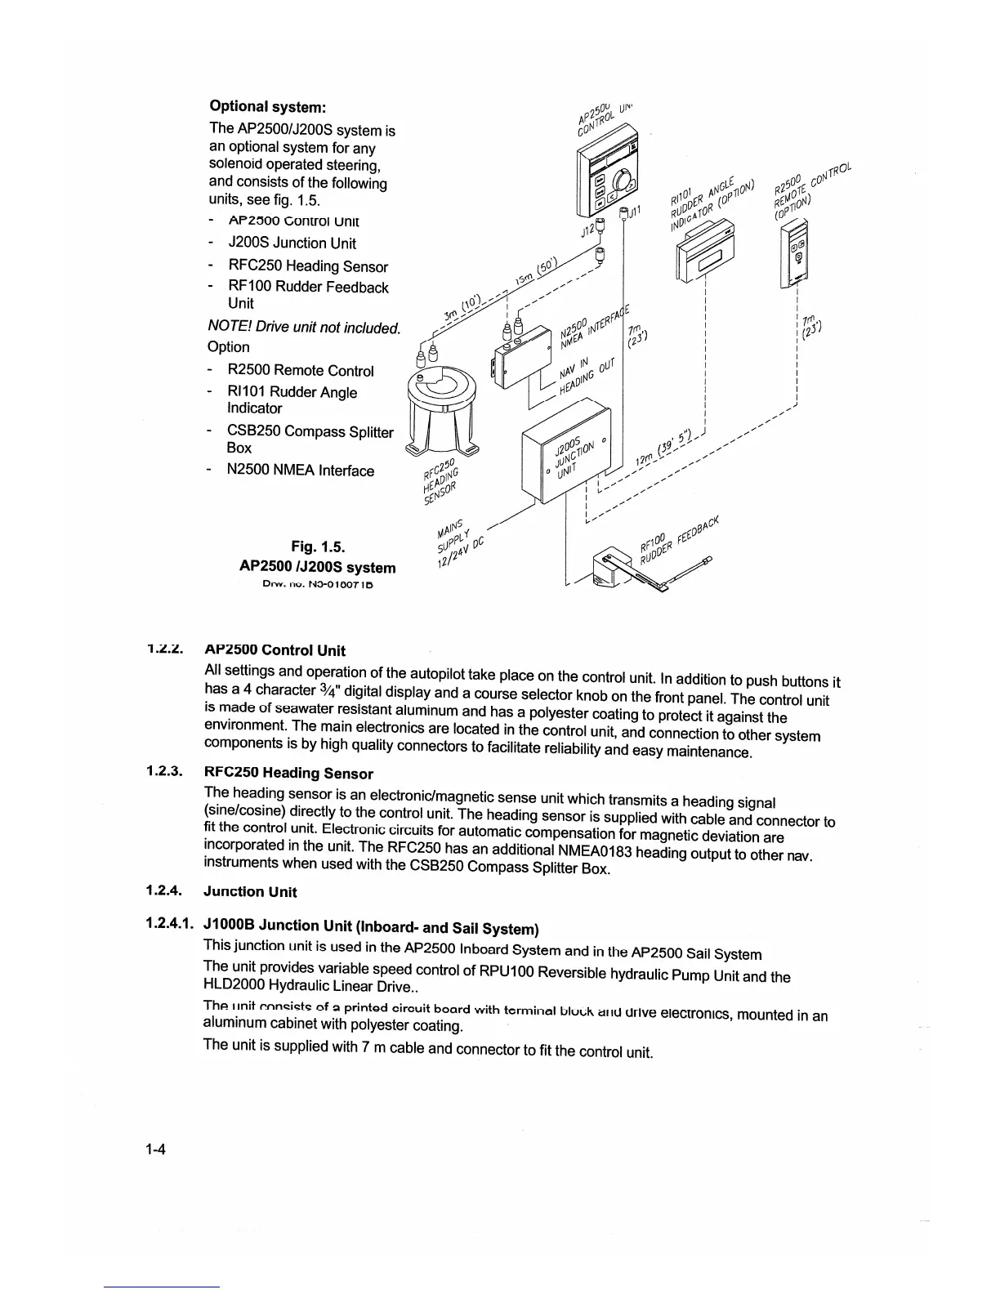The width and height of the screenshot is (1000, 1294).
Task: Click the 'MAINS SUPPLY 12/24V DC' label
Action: (x=458, y=542)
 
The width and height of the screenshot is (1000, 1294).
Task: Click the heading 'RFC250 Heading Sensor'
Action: (x=288, y=773)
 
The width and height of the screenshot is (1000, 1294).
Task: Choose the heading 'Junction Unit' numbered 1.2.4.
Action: (x=250, y=891)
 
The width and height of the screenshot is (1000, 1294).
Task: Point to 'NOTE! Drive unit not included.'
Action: (x=304, y=328)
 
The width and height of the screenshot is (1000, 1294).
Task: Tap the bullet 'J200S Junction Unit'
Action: (x=292, y=243)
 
